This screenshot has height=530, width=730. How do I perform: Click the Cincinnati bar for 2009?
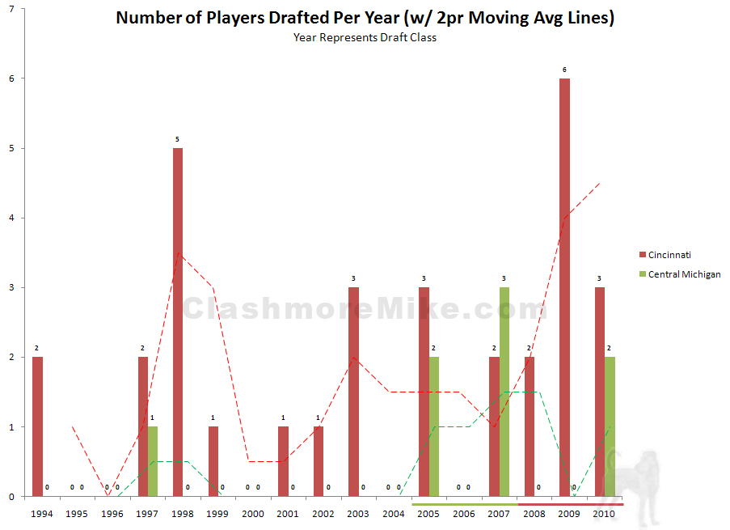(564, 287)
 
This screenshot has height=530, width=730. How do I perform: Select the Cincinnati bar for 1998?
(177, 322)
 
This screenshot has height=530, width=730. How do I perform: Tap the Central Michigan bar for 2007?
(504, 392)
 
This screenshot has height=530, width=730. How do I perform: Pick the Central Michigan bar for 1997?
(153, 461)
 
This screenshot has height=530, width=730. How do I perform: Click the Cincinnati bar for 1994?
(37, 426)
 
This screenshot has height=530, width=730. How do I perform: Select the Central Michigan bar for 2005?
(434, 426)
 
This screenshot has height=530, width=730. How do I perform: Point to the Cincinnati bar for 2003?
(353, 392)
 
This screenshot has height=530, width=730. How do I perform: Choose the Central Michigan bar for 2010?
(610, 426)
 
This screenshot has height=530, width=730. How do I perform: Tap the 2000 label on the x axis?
(252, 513)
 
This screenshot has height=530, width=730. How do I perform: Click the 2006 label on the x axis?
(463, 513)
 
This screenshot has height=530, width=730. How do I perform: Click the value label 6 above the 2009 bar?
(564, 70)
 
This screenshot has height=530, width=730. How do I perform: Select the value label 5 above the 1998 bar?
(177, 140)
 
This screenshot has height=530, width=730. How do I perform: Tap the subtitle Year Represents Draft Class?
(365, 37)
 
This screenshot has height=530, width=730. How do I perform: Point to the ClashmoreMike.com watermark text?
(364, 309)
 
